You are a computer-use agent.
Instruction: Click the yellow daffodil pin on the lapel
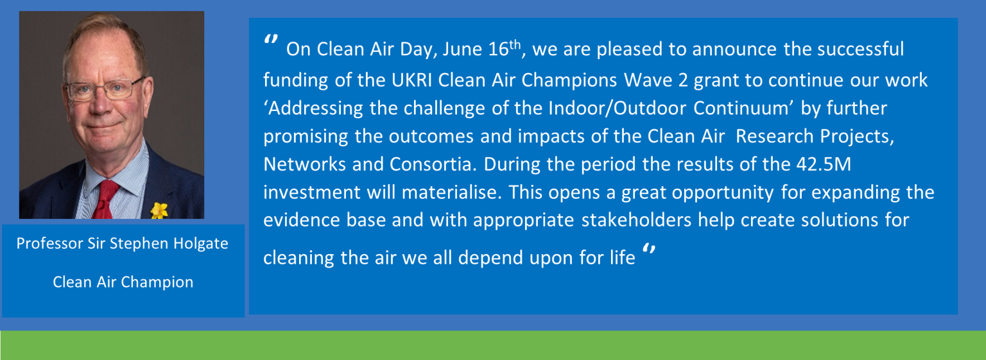[x=159, y=210]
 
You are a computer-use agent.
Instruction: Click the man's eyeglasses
[x=104, y=89]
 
